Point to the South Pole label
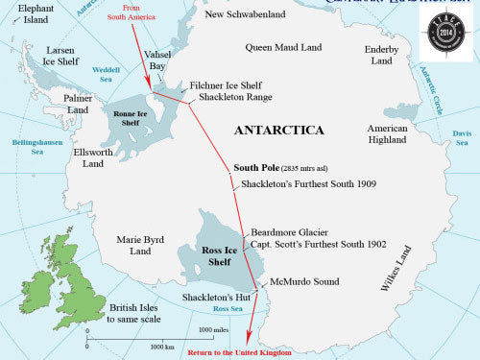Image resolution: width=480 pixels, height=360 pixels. (257, 167)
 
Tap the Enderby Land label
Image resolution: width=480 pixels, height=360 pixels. (382, 55)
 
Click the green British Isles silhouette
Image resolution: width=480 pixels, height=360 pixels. (63, 287)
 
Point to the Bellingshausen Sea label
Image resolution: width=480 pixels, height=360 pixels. (30, 146)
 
